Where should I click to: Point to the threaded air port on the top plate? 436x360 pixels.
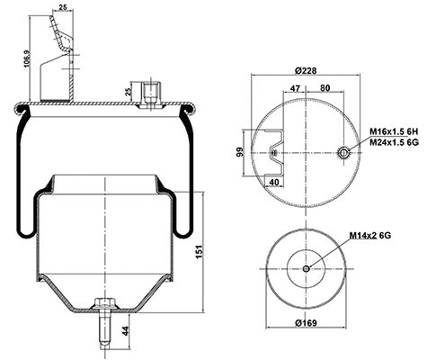(150, 94)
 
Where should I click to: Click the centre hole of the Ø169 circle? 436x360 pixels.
(307, 269)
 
